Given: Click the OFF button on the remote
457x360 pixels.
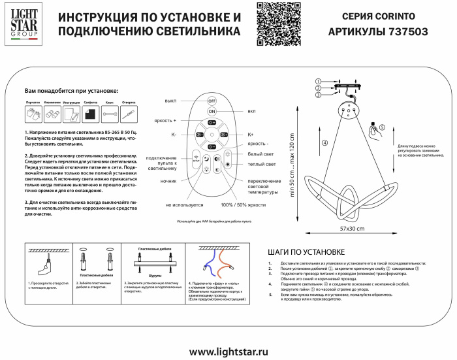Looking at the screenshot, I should pyautogui.click(x=212, y=101).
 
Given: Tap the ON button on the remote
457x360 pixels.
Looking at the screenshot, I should pyautogui.click(x=212, y=112).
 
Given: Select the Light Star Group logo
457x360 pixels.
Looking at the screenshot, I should pyautogui.click(x=23, y=23).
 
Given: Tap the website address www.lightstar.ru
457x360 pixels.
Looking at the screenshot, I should pyautogui.click(x=228, y=350).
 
